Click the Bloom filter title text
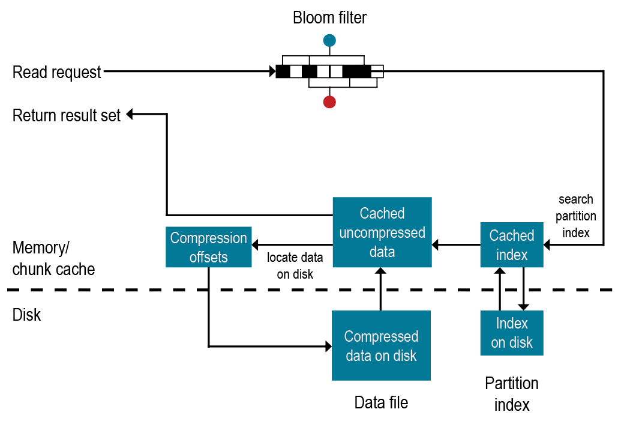(329, 18)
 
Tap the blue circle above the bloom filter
(329, 41)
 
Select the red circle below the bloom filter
(329, 101)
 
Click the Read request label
(57, 73)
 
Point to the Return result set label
(67, 115)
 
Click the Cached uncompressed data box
(382, 232)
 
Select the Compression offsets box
(208, 247)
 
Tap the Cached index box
(512, 245)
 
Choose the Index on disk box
(512, 333)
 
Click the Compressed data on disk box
(381, 345)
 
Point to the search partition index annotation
(576, 216)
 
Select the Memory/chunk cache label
(53, 258)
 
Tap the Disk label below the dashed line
(27, 315)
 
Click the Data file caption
(381, 402)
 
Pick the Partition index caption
(512, 394)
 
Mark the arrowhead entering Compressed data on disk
(328, 347)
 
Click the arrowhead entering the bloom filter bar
(272, 72)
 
